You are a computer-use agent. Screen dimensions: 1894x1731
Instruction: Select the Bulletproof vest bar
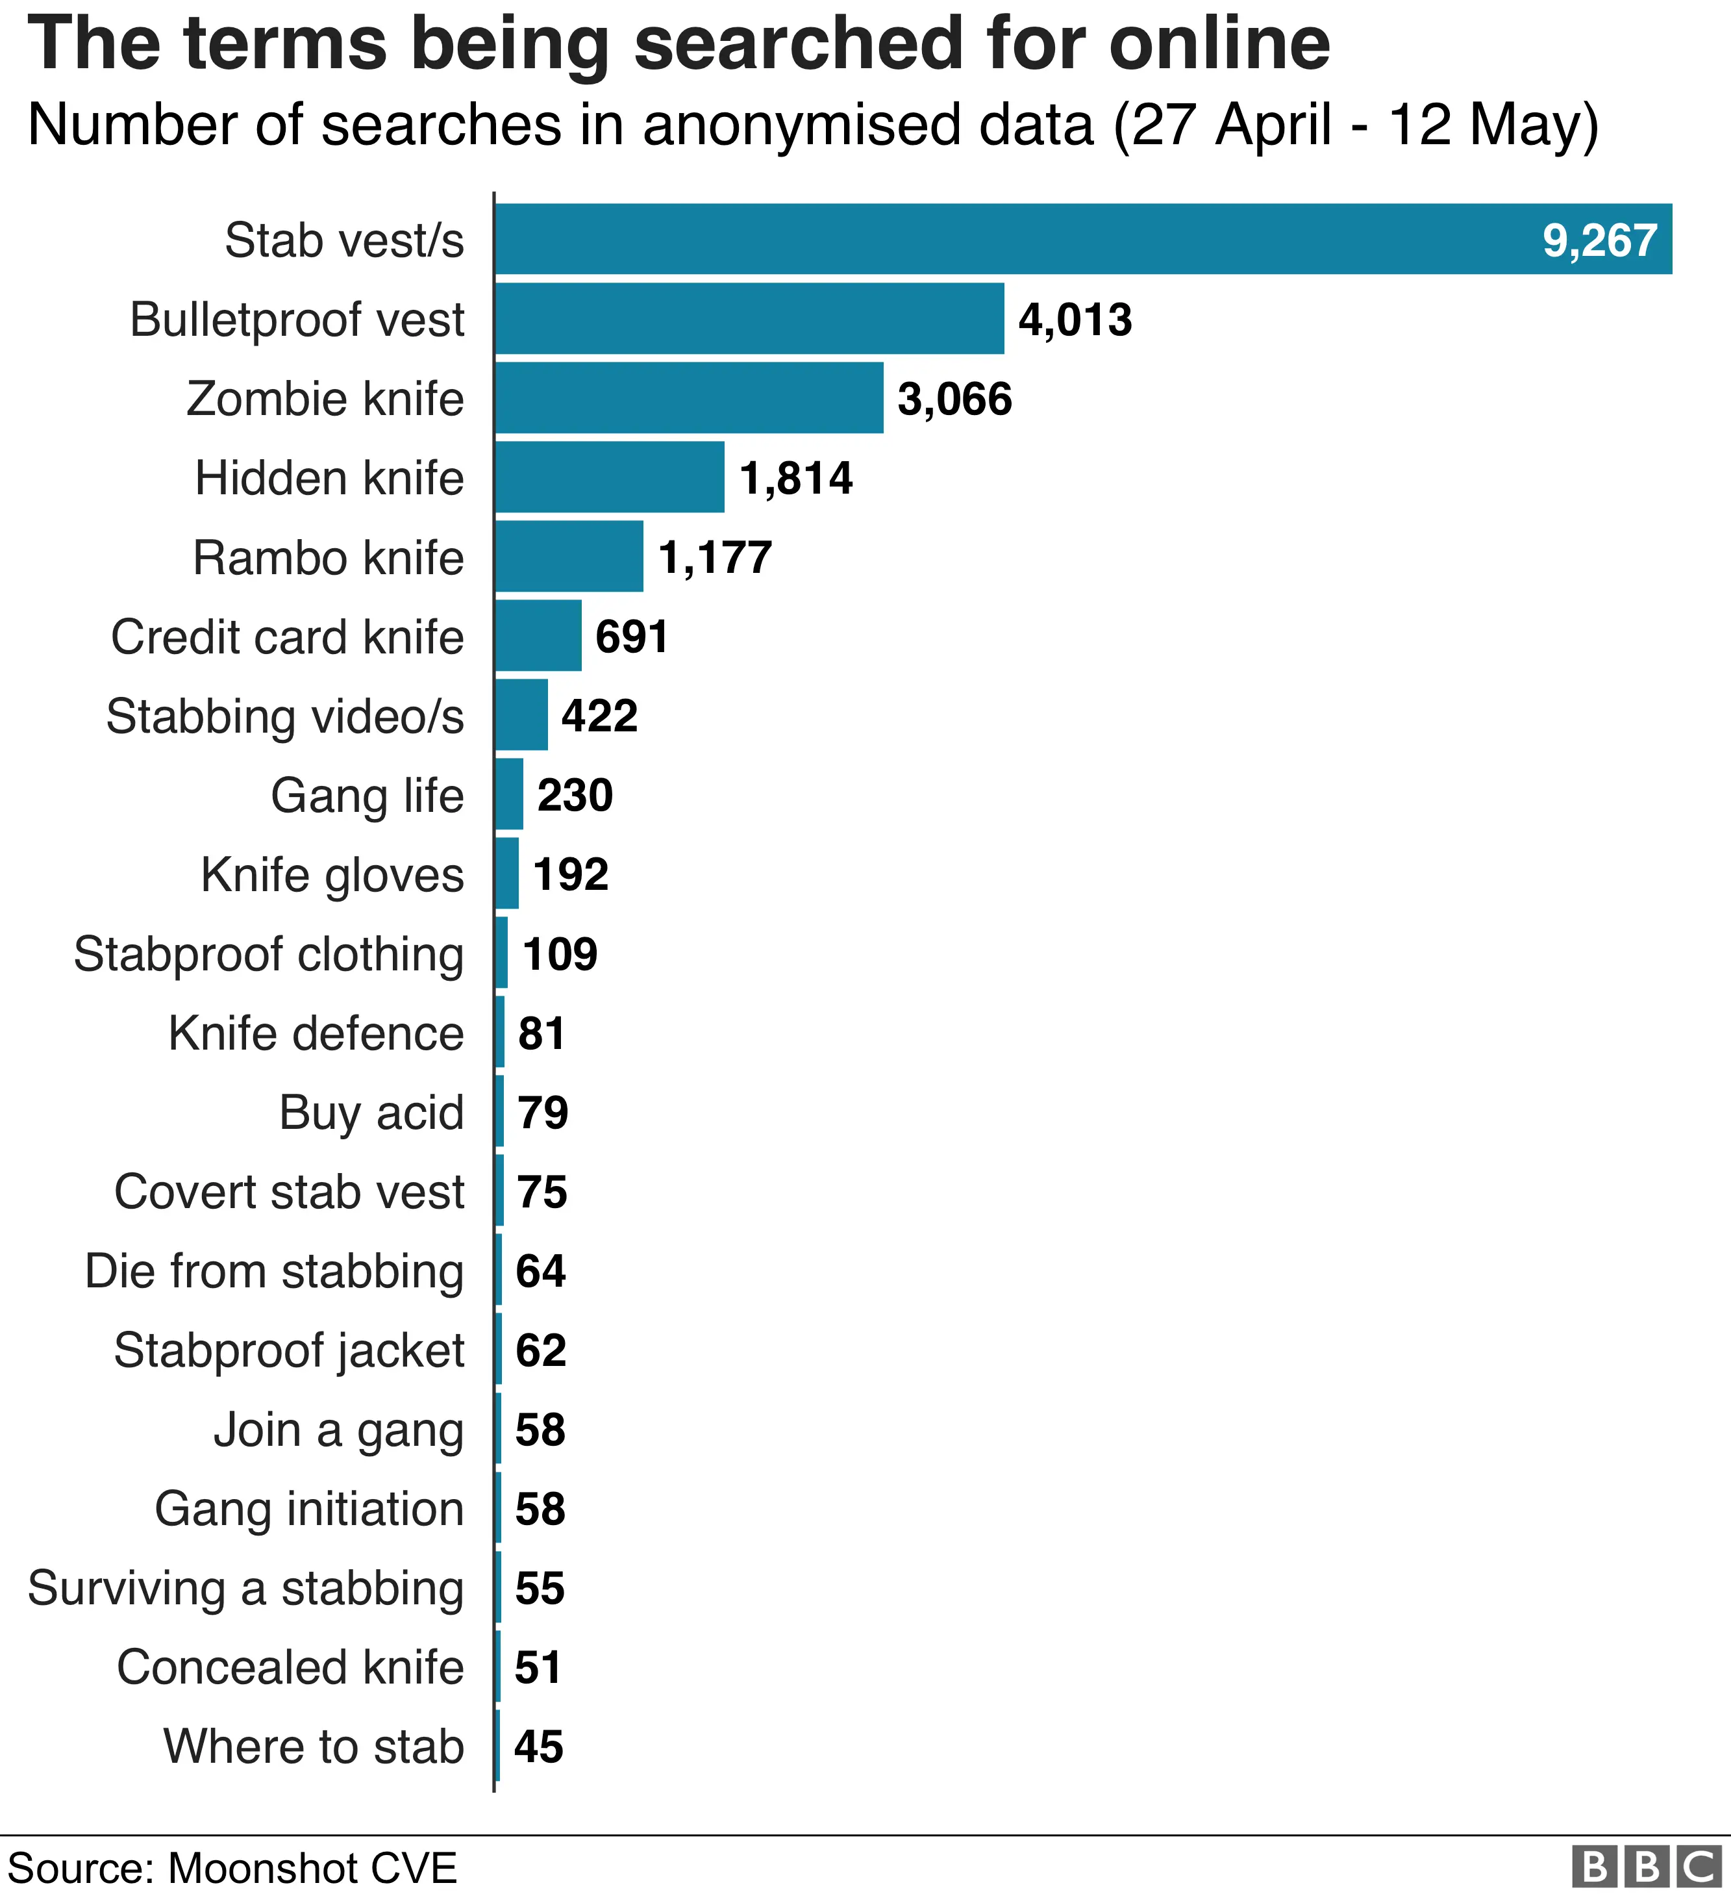pyautogui.click(x=749, y=318)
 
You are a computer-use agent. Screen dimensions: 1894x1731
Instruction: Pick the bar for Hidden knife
pyautogui.click(x=610, y=477)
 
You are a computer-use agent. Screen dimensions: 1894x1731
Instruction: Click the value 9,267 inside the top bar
pyautogui.click(x=1599, y=240)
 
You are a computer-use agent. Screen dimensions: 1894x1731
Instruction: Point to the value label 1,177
pyautogui.click(x=715, y=557)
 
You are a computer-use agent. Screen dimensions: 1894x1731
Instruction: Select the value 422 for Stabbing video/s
pyautogui.click(x=599, y=716)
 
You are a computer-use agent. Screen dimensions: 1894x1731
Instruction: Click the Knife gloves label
pyautogui.click(x=332, y=875)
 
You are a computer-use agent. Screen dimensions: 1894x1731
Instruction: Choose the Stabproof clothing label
pyautogui.click(x=269, y=955)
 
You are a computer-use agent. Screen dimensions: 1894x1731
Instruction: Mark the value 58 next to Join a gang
pyautogui.click(x=540, y=1430)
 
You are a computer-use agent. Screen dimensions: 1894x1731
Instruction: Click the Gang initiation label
pyautogui.click(x=309, y=1509)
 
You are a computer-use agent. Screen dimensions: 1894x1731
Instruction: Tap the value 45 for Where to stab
pyautogui.click(x=538, y=1747)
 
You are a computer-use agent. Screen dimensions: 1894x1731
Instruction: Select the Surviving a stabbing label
pyautogui.click(x=245, y=1589)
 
